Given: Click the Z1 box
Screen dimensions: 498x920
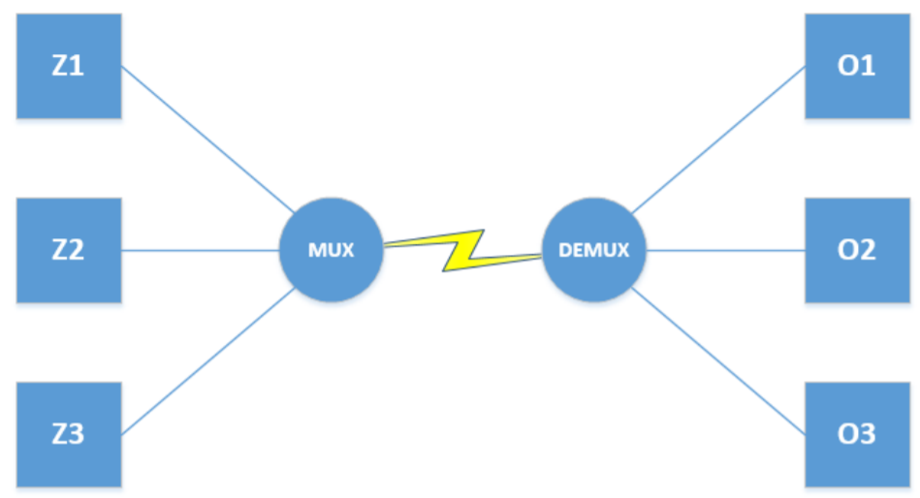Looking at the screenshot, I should (68, 66).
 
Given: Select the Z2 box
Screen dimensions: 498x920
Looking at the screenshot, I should (68, 250).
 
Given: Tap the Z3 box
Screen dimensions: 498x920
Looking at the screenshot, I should (68, 434).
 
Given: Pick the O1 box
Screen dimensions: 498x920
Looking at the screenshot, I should (855, 66).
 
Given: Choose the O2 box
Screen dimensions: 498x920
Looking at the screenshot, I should (855, 250).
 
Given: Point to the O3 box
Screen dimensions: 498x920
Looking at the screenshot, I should (855, 434).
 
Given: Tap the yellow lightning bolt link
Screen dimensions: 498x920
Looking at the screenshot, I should (463, 250).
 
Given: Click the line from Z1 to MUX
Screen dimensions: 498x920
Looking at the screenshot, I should (206, 139).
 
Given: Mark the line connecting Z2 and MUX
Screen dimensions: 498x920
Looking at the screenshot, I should (200, 251).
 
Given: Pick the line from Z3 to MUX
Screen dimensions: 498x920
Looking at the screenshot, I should (206, 362).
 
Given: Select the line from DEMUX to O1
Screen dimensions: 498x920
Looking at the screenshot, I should (718, 140).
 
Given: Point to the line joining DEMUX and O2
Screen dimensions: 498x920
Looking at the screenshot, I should (725, 251).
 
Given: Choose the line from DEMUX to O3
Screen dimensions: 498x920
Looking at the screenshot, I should (718, 361).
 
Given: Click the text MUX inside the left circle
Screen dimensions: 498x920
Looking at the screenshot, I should (331, 251).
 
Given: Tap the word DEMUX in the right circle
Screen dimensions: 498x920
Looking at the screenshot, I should (594, 251).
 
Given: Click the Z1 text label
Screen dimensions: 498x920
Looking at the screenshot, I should (68, 66).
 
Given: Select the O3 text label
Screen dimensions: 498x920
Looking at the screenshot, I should (855, 434).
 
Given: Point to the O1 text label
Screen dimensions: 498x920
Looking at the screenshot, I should (855, 66).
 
